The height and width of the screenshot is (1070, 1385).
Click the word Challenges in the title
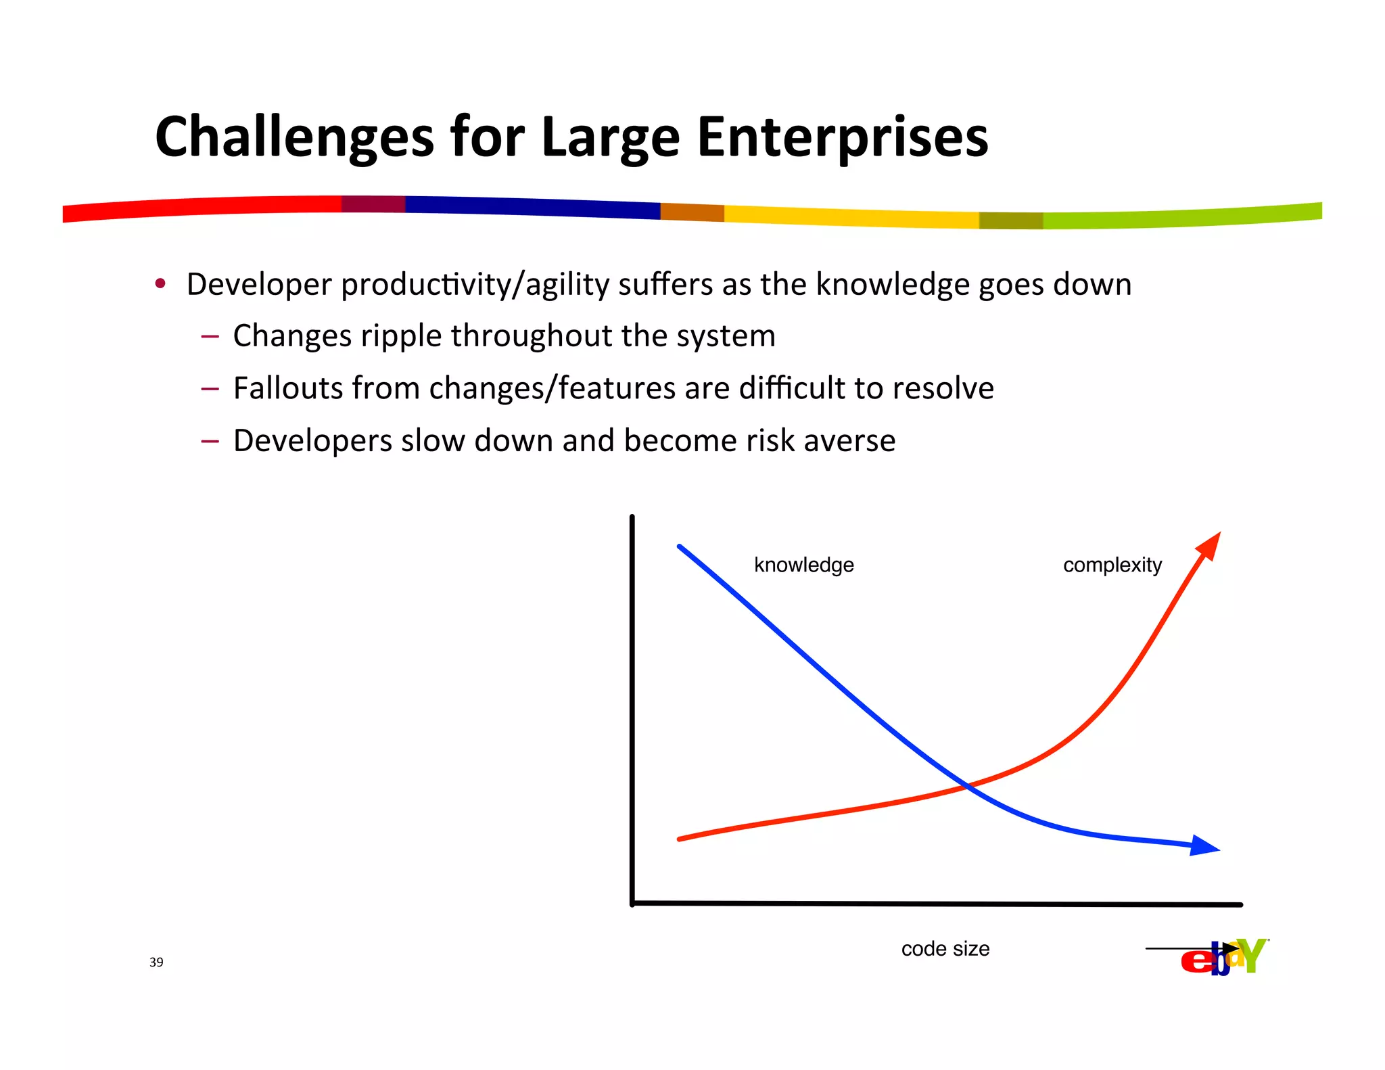294,137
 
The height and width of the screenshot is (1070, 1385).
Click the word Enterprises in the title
842,137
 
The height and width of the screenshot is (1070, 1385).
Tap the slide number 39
156,962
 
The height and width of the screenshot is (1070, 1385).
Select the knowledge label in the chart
803,565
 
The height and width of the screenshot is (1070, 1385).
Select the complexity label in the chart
1112,565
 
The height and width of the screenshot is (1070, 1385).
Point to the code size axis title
945,949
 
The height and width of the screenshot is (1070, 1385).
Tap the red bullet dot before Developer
160,283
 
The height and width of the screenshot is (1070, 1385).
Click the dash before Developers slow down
210,441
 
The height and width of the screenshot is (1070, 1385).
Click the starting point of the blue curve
680,546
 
